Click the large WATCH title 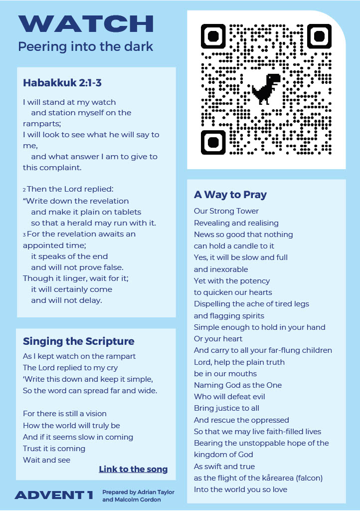click(86, 24)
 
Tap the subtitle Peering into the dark click(85, 47)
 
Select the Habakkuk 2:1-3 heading click(62, 82)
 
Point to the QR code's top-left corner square click(213, 36)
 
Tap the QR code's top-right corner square click(320, 36)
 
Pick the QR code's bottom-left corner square click(213, 142)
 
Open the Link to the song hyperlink click(133, 469)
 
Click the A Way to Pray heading click(230, 195)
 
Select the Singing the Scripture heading click(79, 341)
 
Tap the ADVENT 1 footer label click(54, 495)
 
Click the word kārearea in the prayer click(276, 478)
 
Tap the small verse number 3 click(24, 235)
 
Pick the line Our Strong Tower click(226, 211)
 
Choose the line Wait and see click(46, 460)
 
